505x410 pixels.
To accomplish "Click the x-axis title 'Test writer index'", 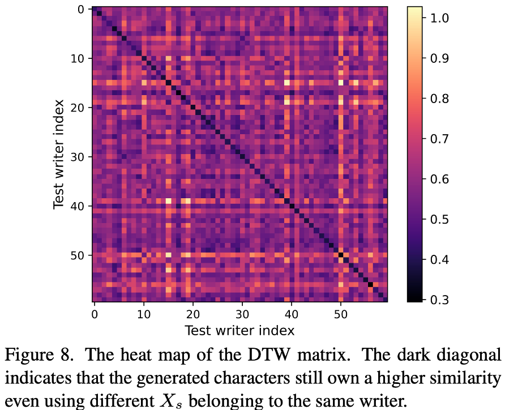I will [x=239, y=330].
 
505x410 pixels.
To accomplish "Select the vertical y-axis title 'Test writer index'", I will [x=59, y=155].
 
